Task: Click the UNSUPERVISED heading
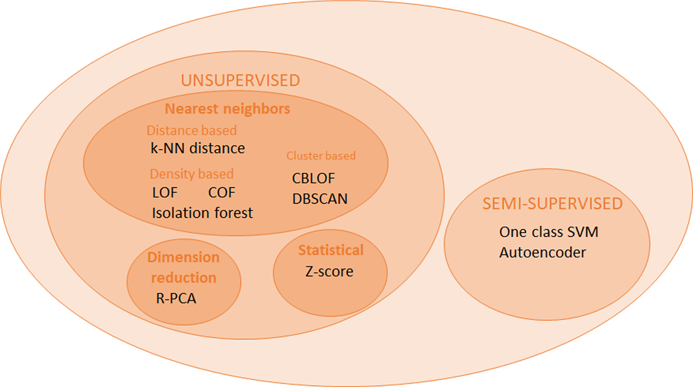pos(240,80)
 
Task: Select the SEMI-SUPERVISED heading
pos(553,203)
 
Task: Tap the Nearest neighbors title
pos(227,109)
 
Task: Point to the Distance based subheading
pos(191,131)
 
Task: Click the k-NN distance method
pos(198,148)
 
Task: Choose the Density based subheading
pos(191,174)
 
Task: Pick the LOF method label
pos(165,192)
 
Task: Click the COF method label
pos(222,192)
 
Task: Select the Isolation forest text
pos(202,213)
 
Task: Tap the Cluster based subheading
pos(321,156)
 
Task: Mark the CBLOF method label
pos(313,178)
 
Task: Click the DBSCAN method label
pos(320,198)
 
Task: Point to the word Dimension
pos(183,257)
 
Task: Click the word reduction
pos(183,278)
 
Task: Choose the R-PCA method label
pos(176,298)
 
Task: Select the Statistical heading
pos(330,250)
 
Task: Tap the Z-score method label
pos(329,271)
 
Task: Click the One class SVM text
pos(548,232)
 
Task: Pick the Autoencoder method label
pos(542,252)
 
